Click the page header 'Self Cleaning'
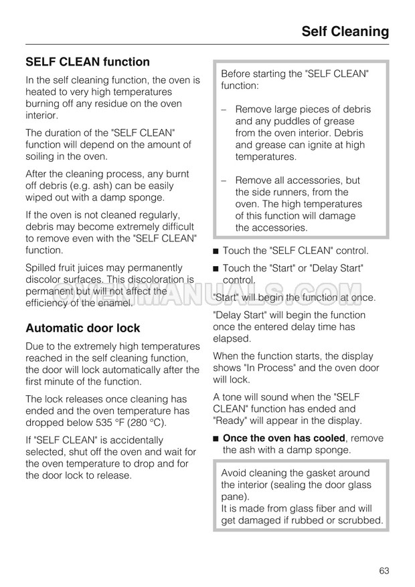(x=345, y=31)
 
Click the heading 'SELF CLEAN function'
(x=88, y=62)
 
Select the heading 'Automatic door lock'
(x=83, y=328)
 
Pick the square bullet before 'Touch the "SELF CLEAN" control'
(x=216, y=251)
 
